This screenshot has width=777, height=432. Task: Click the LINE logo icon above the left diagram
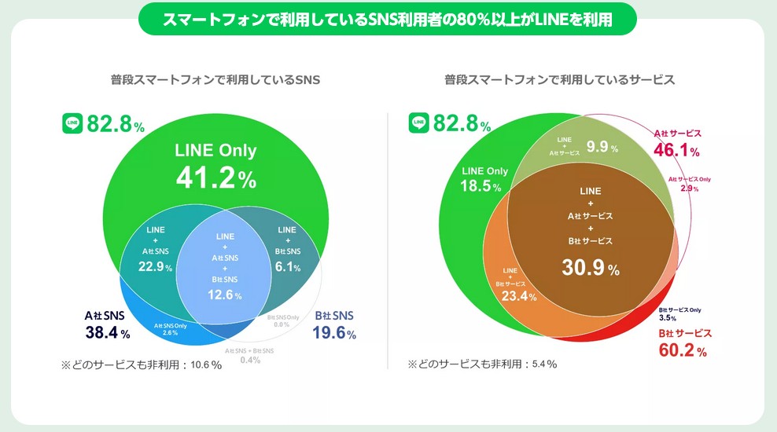(73, 123)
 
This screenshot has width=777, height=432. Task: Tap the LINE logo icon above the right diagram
(418, 123)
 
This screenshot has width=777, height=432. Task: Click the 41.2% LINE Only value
(215, 179)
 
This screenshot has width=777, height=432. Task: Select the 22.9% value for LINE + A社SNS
(155, 267)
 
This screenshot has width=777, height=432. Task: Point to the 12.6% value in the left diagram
(223, 295)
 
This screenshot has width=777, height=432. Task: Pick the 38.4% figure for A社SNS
(107, 332)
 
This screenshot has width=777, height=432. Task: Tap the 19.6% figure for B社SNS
(334, 332)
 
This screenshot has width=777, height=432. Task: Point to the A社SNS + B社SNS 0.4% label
(250, 355)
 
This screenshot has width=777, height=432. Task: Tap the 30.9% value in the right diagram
(590, 268)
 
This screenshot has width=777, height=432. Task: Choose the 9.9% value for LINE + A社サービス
(602, 146)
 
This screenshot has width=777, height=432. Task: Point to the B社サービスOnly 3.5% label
(679, 313)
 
